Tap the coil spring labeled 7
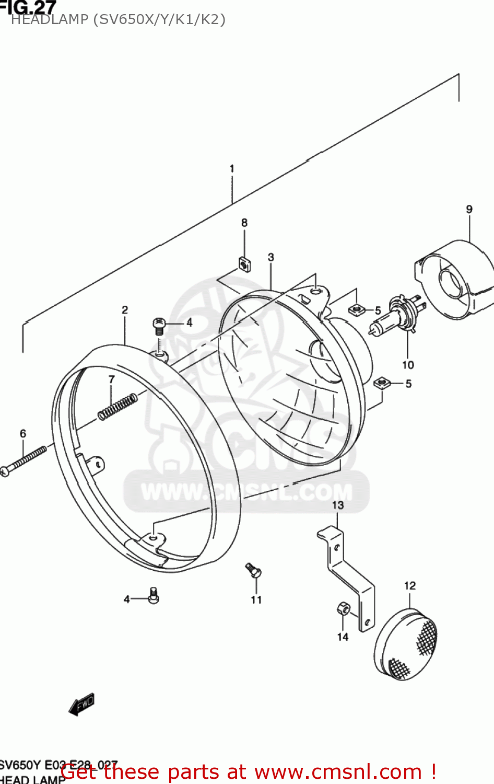[118, 406]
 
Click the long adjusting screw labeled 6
[24, 460]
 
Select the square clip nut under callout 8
[244, 264]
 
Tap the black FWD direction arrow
[81, 704]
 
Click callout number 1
[232, 169]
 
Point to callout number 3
[271, 257]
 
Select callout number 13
[338, 505]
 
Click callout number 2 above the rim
[125, 310]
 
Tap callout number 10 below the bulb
[408, 365]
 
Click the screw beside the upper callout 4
[160, 326]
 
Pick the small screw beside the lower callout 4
[153, 595]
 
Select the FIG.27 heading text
[29, 7]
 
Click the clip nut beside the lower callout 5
[382, 383]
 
